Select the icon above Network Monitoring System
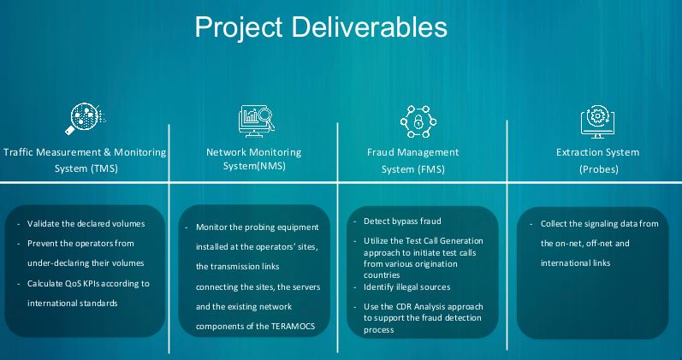(x=254, y=122)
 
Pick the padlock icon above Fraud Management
(x=418, y=122)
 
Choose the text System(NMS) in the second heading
(x=254, y=168)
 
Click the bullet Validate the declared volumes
(x=86, y=223)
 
